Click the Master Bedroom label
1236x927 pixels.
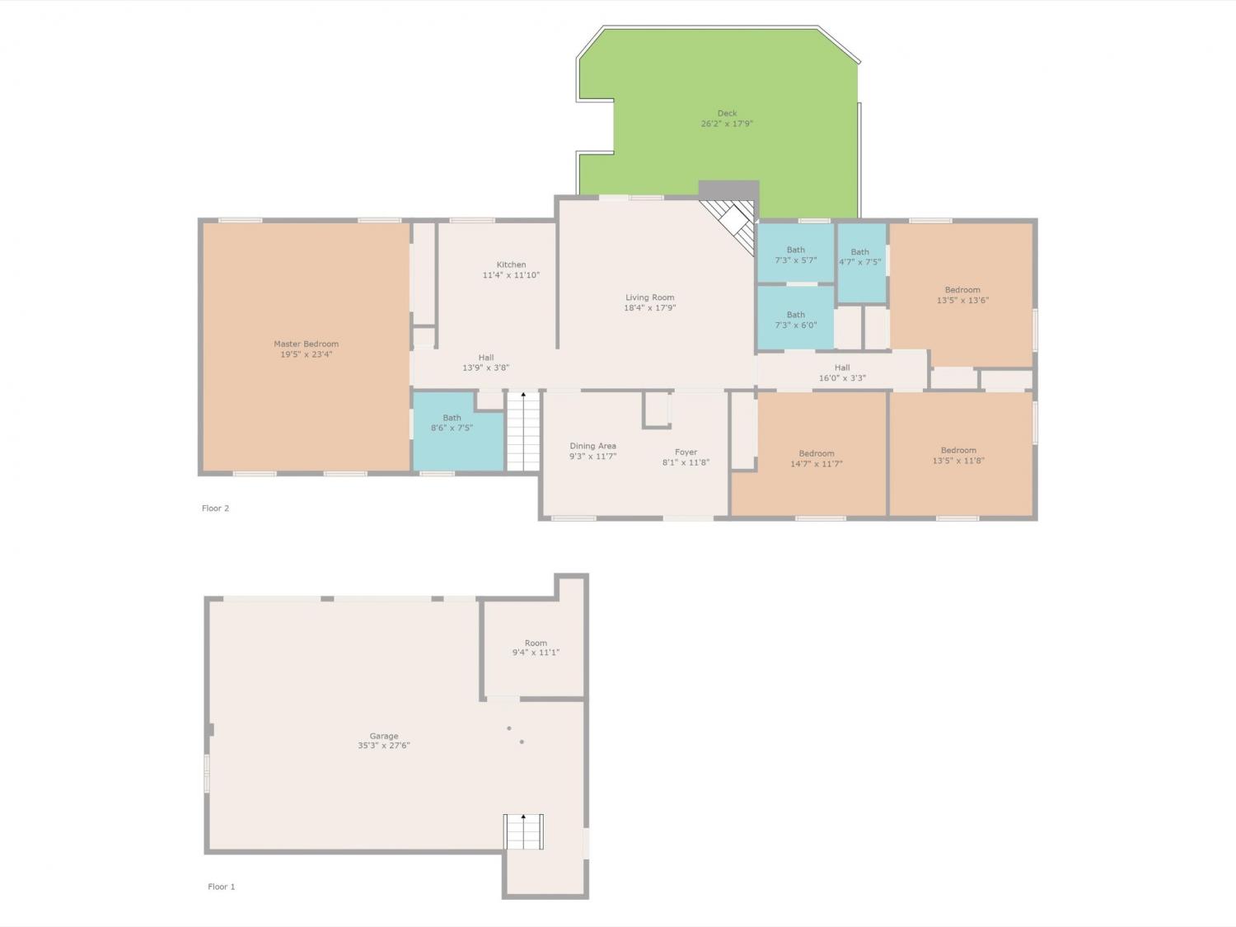(x=307, y=344)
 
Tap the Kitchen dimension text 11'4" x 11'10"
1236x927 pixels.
(x=511, y=275)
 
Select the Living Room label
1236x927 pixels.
(x=650, y=297)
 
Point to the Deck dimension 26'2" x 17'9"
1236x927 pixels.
(x=727, y=124)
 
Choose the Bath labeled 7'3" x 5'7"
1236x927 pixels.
(x=796, y=255)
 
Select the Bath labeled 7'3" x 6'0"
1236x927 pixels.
(x=796, y=320)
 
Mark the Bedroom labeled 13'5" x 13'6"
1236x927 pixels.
(x=962, y=295)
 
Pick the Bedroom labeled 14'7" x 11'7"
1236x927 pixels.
(x=817, y=459)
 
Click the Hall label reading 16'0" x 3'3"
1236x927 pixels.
(x=842, y=372)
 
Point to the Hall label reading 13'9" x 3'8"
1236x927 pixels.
(x=486, y=363)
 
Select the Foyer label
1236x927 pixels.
(x=686, y=452)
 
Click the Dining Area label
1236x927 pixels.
(x=593, y=446)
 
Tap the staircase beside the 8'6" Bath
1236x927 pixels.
(x=523, y=431)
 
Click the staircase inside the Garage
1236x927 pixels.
(x=524, y=831)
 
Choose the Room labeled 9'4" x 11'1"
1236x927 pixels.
(x=536, y=648)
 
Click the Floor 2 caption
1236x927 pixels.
(x=216, y=508)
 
